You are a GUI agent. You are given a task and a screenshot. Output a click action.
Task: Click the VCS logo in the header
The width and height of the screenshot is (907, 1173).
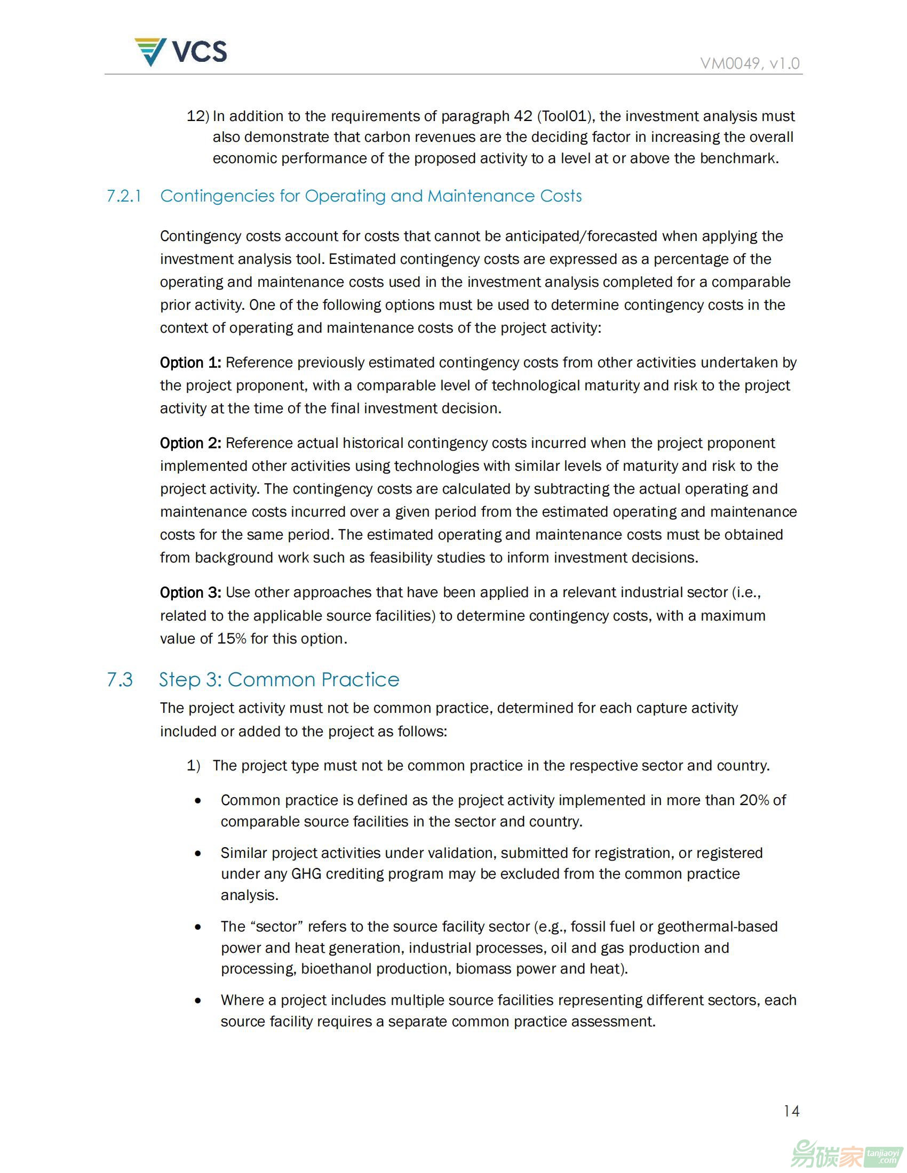click(x=180, y=52)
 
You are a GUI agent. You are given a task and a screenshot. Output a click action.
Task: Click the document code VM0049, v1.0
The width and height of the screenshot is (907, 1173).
click(x=750, y=64)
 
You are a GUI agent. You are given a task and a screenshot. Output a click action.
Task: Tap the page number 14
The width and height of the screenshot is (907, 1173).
click(x=791, y=1111)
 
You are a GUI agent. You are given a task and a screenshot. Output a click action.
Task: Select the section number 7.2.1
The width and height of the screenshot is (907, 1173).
click(x=124, y=196)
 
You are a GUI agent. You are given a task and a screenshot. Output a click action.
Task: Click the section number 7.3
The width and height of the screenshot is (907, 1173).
click(x=120, y=679)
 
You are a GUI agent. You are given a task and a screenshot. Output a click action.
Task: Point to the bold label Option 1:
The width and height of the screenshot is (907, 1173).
click(x=190, y=363)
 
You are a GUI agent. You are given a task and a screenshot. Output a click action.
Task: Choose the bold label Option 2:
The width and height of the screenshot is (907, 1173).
click(x=190, y=443)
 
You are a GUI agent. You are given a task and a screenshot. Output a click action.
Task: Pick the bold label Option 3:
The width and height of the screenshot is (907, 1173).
click(x=190, y=592)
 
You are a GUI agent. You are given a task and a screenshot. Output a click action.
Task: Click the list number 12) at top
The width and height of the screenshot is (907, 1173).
click(x=197, y=116)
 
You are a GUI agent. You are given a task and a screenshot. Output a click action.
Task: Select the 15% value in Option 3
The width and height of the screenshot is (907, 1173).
click(x=231, y=639)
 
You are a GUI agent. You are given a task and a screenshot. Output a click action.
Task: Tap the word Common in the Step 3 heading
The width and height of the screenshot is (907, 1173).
click(x=272, y=679)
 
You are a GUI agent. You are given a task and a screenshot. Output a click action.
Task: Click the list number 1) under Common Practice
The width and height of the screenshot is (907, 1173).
click(x=193, y=765)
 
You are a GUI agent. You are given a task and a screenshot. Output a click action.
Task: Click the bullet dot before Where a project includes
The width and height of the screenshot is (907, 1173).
click(x=198, y=1000)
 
